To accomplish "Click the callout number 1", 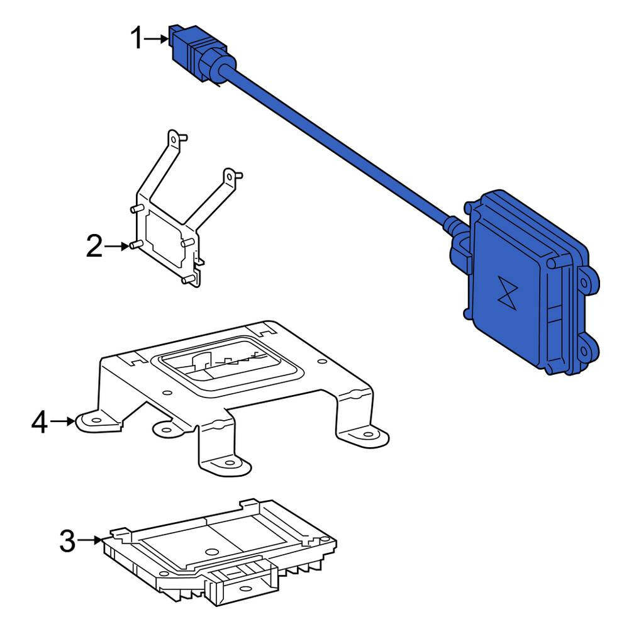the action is [136, 38].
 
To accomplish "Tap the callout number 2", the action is [95, 247].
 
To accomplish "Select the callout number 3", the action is [67, 541].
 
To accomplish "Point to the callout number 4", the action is [39, 422].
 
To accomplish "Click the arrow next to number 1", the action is [156, 39].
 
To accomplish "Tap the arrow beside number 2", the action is [117, 247].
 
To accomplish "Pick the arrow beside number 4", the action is [62, 421].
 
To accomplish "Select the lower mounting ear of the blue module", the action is [587, 350].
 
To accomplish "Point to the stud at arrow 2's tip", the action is [136, 245].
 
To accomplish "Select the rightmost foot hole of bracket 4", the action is [367, 435].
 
